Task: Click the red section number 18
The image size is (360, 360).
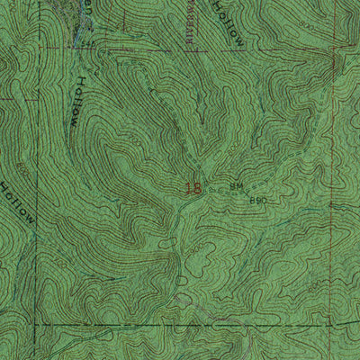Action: [192, 189]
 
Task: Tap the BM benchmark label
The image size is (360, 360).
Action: [237, 186]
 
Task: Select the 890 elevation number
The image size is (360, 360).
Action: [258, 199]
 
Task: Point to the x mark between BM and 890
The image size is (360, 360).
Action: [248, 191]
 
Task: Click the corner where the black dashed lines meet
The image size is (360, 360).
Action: [36, 321]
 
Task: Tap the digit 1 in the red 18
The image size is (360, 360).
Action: [186, 189]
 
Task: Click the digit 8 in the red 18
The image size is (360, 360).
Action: [195, 189]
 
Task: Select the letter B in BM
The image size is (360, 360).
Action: [233, 186]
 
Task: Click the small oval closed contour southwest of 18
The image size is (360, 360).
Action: [166, 244]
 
